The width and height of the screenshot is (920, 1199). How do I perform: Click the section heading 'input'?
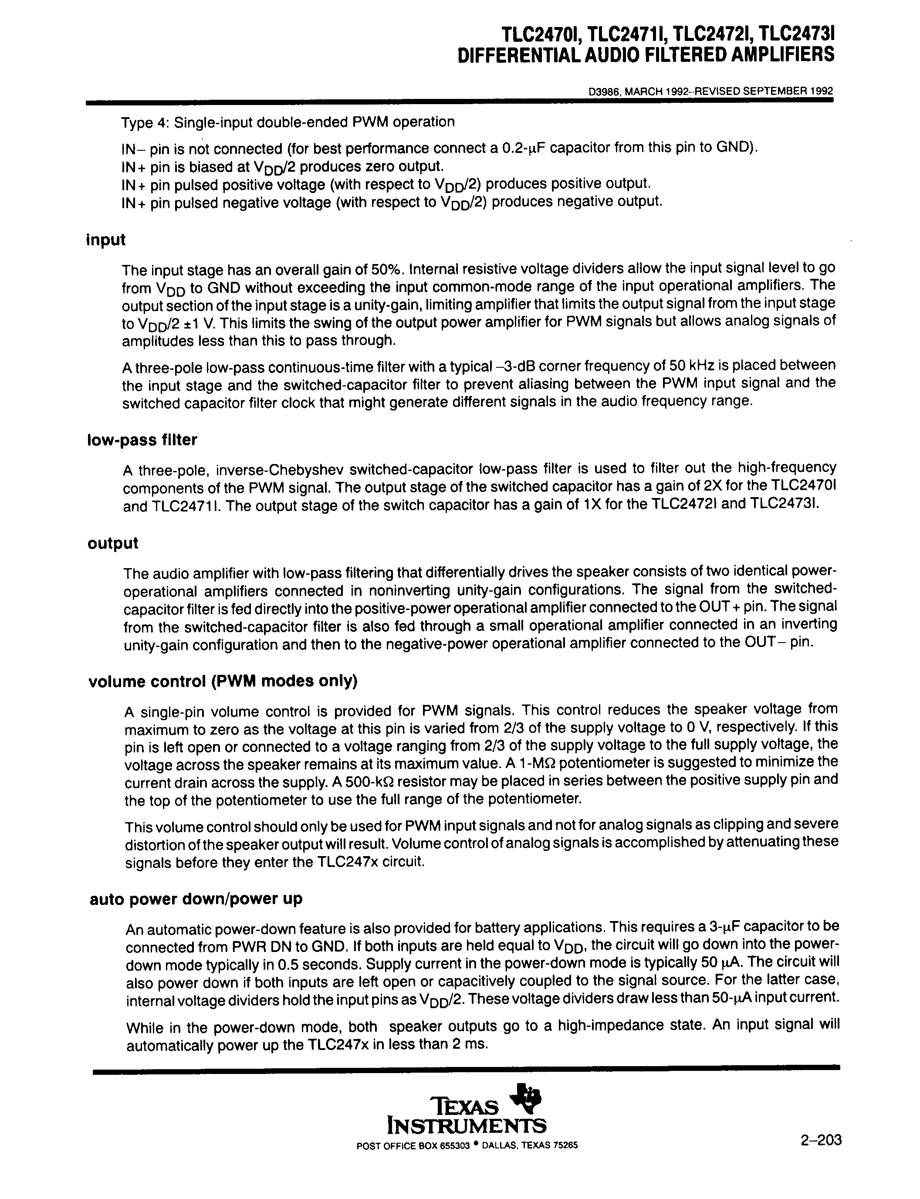coord(106,240)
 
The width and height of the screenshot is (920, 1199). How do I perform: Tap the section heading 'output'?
coord(113,543)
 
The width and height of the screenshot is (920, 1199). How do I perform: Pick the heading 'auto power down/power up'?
coord(196,899)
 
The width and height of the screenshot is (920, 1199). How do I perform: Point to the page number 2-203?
coord(820,1140)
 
